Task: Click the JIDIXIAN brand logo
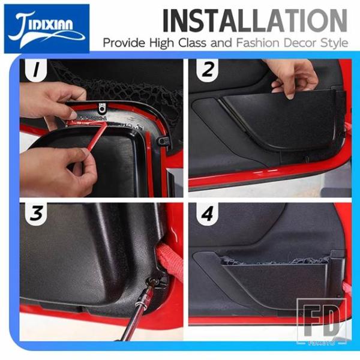[47, 28]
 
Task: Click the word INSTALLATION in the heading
[255, 20]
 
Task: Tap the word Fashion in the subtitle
[258, 43]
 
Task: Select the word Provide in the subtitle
[124, 43]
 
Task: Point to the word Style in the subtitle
[334, 43]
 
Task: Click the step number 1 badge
[36, 70]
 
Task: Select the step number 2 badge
[208, 70]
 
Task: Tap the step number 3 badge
[36, 214]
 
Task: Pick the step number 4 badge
[208, 214]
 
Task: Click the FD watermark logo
[322, 321]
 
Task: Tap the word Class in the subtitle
[192, 43]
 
